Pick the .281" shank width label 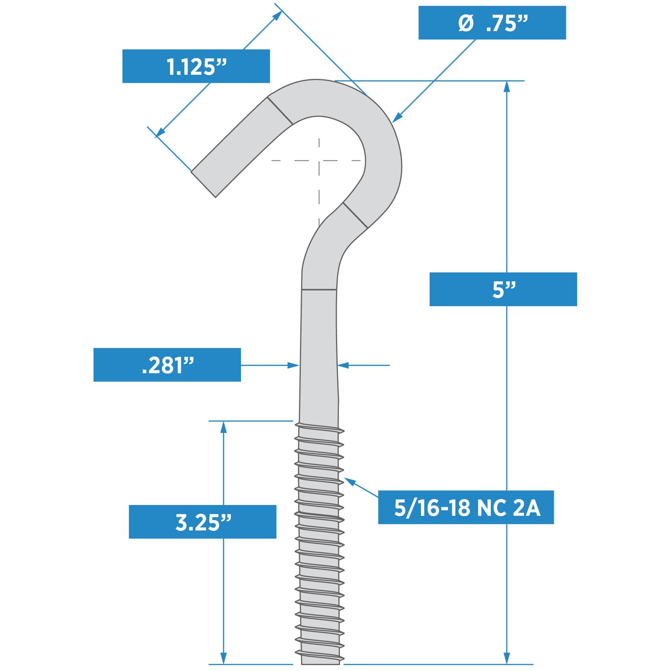click(167, 365)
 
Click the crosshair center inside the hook click(319, 160)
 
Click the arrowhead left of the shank click(295, 365)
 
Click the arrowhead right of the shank click(343, 365)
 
